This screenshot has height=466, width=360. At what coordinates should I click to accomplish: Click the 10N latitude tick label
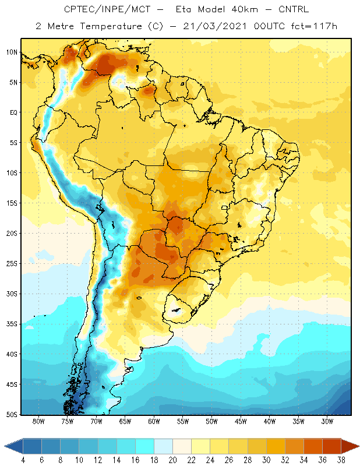coord(12,52)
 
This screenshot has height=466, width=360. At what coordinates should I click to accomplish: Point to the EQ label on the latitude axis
coord(14,112)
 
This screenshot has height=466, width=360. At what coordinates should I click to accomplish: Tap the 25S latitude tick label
coord(12,264)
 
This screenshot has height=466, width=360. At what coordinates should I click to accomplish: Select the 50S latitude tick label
coord(12,415)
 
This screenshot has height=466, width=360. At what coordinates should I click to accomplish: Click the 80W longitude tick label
coord(38,421)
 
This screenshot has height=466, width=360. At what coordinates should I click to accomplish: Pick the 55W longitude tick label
coord(183,421)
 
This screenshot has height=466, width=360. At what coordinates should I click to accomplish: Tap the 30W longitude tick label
coord(327,421)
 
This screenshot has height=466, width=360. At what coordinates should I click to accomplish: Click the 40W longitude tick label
coord(270,421)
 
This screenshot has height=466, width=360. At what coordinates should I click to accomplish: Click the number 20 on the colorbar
coord(172,460)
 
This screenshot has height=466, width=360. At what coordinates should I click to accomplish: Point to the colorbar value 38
coord(341,460)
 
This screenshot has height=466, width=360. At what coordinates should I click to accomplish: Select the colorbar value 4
coord(23,460)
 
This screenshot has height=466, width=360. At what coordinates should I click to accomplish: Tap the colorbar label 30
coord(266,460)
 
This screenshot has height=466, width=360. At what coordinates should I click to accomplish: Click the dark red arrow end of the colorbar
coord(350,446)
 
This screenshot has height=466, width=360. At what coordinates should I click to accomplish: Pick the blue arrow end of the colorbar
coord(14,446)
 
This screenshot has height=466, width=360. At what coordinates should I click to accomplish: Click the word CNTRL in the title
coord(294,9)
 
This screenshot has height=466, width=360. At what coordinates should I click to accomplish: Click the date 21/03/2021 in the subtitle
coord(215,26)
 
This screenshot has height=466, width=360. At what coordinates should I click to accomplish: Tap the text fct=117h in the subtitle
coord(314,26)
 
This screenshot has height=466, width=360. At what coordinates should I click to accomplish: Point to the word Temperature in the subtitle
coord(111,26)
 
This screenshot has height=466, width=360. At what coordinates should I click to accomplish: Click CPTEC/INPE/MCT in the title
coord(107,9)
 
